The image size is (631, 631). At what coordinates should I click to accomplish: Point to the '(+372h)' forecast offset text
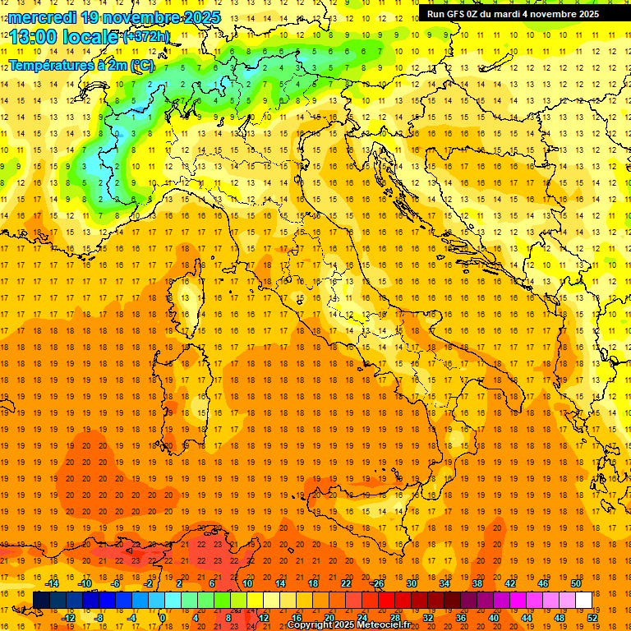(146, 36)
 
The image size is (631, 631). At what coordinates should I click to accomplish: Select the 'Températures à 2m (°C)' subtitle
(81, 65)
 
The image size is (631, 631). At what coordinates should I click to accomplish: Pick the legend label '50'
(575, 583)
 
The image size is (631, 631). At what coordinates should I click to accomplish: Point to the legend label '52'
(592, 617)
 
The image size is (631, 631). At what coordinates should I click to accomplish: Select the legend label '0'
(163, 617)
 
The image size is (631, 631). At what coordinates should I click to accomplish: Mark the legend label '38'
(477, 583)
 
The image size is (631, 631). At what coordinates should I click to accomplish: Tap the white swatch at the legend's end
(583, 600)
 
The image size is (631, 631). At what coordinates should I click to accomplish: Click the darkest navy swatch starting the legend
(41, 600)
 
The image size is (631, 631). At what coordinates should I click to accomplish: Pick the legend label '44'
(526, 617)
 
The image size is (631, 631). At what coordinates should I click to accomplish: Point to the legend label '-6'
(116, 583)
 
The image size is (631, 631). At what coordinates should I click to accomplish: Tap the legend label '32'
(427, 617)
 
